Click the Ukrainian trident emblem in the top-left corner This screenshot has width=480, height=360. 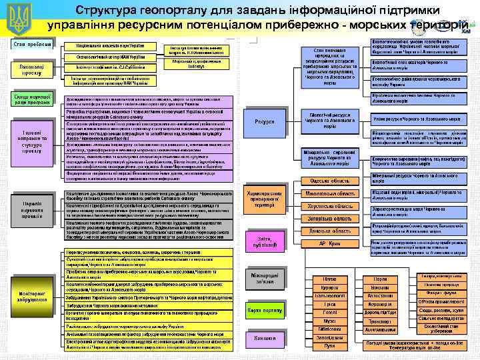[x=18, y=18]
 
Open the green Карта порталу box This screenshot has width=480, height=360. [x=264, y=311]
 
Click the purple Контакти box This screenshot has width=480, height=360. [x=264, y=338]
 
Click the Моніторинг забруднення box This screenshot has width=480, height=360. [x=32, y=295]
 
